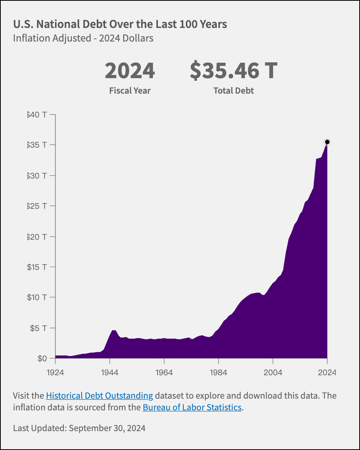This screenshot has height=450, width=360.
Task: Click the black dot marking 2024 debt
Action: pos(328,142)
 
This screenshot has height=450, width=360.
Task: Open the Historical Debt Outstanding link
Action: pos(99,396)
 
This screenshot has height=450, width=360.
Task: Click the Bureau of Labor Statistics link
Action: pos(192,408)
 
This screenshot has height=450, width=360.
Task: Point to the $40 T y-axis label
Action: pos(37,114)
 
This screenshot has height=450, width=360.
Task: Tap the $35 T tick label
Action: pos(37,145)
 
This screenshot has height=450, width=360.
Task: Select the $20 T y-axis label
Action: pos(37,237)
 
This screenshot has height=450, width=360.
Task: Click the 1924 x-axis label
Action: pos(56,372)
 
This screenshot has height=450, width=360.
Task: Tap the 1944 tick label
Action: pos(110,372)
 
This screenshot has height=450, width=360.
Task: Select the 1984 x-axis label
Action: pos(218,372)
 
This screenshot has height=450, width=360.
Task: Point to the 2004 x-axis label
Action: pos(273,372)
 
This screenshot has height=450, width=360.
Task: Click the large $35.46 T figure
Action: pos(233,71)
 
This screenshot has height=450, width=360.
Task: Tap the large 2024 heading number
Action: pos(130,71)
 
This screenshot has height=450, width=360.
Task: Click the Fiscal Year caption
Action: pos(130,91)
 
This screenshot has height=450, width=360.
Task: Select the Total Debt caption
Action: pos(233,91)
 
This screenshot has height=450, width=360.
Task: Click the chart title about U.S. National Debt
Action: pos(120,24)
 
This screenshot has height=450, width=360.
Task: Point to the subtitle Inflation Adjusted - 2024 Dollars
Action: pos(83,39)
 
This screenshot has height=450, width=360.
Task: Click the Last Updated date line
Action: pos(79,428)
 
